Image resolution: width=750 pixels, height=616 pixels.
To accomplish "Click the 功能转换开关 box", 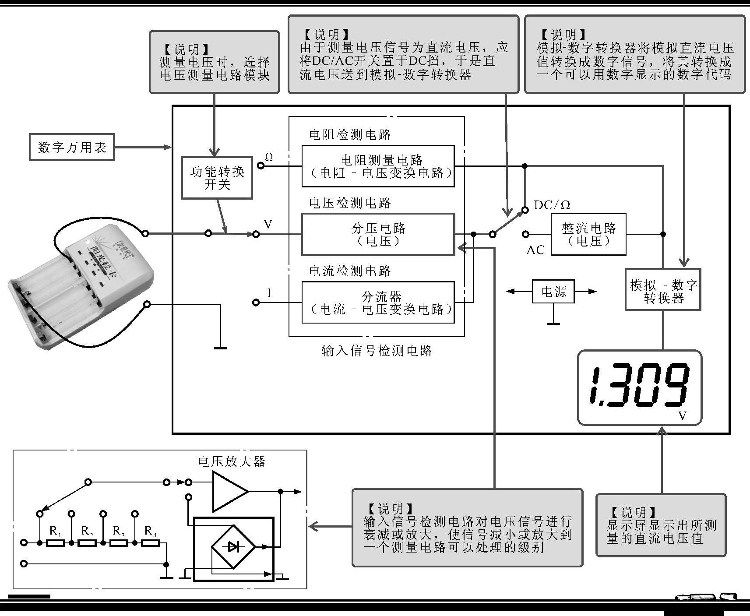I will point(217,178).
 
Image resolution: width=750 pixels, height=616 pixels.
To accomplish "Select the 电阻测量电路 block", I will point(378,166).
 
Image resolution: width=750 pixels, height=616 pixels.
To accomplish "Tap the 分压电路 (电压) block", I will point(378,234).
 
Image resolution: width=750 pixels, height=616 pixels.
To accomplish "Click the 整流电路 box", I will point(588,234).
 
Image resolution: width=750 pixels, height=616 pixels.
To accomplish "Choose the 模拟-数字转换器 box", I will point(663,290).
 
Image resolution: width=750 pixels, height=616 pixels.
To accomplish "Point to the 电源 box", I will point(553,292).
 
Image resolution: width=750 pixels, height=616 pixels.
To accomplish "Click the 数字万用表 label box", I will point(72,147).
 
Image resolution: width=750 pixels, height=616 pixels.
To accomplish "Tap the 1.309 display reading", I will point(639,385).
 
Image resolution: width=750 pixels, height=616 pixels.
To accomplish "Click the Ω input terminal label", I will point(269,158).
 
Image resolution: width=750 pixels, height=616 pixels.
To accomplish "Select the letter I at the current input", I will point(269,293).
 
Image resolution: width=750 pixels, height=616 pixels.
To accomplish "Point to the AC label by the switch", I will point(535,250).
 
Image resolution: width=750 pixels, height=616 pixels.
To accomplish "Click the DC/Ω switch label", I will point(552,205).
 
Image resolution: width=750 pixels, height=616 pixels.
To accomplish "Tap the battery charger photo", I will point(81,285).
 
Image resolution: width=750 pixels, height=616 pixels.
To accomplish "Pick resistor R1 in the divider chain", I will point(56,543).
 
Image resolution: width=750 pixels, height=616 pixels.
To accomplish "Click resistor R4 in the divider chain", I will point(151,543).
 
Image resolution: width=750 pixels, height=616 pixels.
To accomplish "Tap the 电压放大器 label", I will point(232,461).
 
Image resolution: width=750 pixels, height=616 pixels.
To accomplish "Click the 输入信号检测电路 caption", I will point(377,351).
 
